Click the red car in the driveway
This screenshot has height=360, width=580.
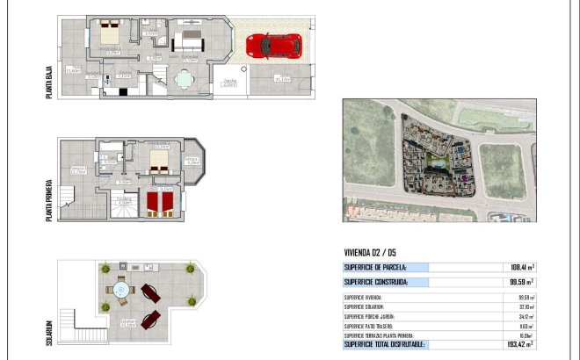point(274,45)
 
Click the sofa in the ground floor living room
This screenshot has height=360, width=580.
point(188,42)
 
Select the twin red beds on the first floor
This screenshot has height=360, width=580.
point(159,204)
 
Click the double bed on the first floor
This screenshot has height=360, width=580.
point(159,161)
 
